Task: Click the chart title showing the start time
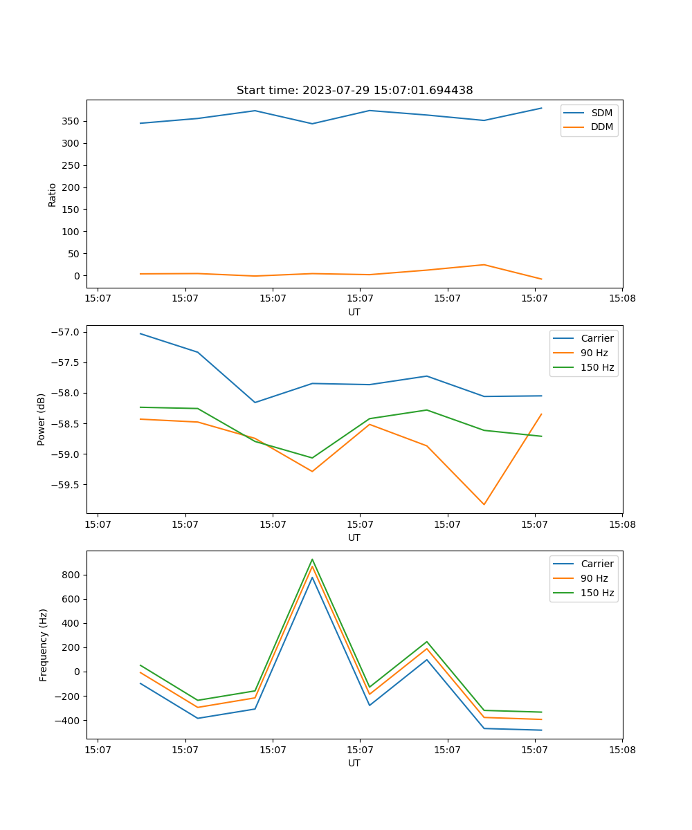pos(354,91)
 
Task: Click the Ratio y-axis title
pos(53,194)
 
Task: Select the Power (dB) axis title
pos(42,419)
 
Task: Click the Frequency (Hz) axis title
pos(43,645)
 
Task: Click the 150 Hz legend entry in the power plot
pos(597,367)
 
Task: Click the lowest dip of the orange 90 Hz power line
pos(484,504)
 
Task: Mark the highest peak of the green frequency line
pos(312,559)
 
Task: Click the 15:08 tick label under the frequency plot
pos(622,749)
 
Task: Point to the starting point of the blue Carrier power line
pos(140,333)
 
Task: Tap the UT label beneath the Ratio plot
pos(354,312)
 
